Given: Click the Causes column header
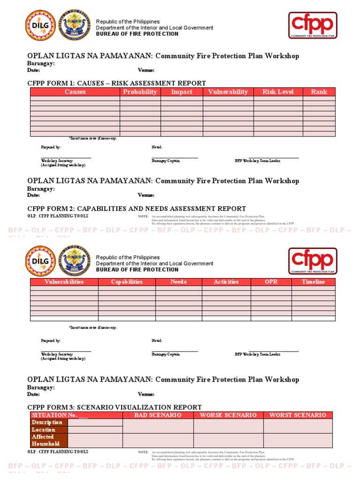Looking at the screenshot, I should (x=75, y=92).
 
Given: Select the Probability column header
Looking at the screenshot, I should (x=140, y=92).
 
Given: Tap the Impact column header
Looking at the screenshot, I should (x=181, y=92).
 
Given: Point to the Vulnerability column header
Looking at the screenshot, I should (x=228, y=92).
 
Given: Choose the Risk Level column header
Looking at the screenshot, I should (x=278, y=92).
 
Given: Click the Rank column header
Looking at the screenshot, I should (x=319, y=92).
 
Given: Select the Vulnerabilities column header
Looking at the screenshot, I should (x=64, y=282).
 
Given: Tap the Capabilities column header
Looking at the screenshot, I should (x=127, y=282).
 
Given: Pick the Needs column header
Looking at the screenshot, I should (x=179, y=282).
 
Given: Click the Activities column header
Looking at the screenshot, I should (x=226, y=282).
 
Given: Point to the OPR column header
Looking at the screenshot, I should (x=271, y=282).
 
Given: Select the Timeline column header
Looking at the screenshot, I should (x=313, y=282).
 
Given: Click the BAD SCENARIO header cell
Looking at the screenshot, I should (x=158, y=415).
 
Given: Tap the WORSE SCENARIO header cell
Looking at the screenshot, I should (x=228, y=415).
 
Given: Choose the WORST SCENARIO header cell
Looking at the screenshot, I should (x=298, y=415).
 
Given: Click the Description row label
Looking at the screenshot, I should (x=47, y=422).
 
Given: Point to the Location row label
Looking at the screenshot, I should (x=44, y=429).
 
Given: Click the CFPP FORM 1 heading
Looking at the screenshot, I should (x=117, y=83).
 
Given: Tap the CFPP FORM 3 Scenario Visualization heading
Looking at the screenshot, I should (x=115, y=407).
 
